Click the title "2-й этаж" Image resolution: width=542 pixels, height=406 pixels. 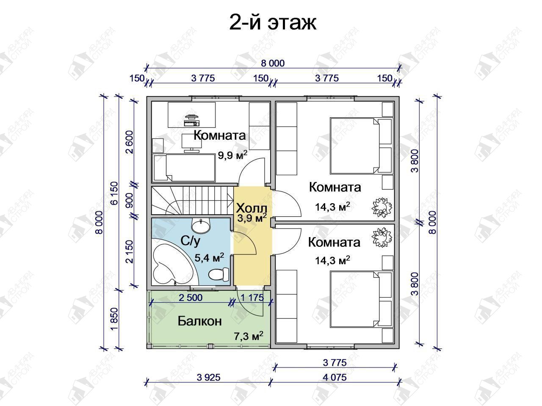tap(273, 23)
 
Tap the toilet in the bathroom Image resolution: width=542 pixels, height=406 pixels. tap(218, 274)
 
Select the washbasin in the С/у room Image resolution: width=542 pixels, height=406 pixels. tap(201, 226)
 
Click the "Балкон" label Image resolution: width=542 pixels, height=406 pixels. tap(199, 321)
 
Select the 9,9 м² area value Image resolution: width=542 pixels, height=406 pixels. tap(232, 155)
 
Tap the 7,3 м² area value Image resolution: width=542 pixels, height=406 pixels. tap(249, 336)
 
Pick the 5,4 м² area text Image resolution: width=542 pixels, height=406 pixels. tap(210, 258)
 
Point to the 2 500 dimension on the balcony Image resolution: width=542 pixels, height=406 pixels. tap(191, 298)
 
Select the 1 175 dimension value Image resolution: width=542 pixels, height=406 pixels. tap(252, 298)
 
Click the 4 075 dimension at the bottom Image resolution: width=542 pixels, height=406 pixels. tap(335, 377)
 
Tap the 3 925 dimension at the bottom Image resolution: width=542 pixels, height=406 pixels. tap(209, 377)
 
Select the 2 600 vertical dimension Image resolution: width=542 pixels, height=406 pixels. tap(130, 142)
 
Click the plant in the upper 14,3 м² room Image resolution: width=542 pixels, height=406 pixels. tap(382, 207)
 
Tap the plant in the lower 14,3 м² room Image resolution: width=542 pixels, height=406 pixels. tap(382, 237)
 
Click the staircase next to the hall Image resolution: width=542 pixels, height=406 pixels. tap(192, 200)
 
